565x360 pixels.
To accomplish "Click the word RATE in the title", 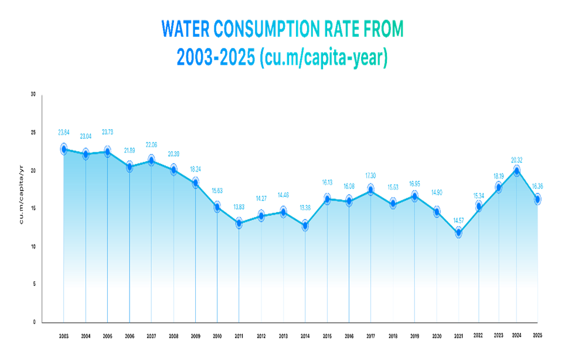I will (342, 29).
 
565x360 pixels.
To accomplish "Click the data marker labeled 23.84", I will (64, 148).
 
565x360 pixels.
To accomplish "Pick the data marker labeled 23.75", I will (107, 151).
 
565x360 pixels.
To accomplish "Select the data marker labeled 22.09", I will (151, 159).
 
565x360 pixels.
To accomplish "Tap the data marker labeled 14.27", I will (261, 215).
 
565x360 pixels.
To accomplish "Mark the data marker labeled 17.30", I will (370, 188).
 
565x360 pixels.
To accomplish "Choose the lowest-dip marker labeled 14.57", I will (458, 232).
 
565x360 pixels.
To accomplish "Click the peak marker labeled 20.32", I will (516, 169).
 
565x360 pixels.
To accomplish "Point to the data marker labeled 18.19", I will (498, 186).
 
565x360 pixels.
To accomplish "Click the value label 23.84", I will (64, 133).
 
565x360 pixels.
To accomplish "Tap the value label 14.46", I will (283, 195).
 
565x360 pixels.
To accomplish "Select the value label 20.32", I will (516, 159).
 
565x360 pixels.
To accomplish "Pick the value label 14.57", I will (458, 220).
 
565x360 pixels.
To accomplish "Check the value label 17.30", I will (370, 176).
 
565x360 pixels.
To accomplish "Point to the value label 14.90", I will (437, 193).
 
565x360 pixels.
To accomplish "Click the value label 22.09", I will (151, 145).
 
